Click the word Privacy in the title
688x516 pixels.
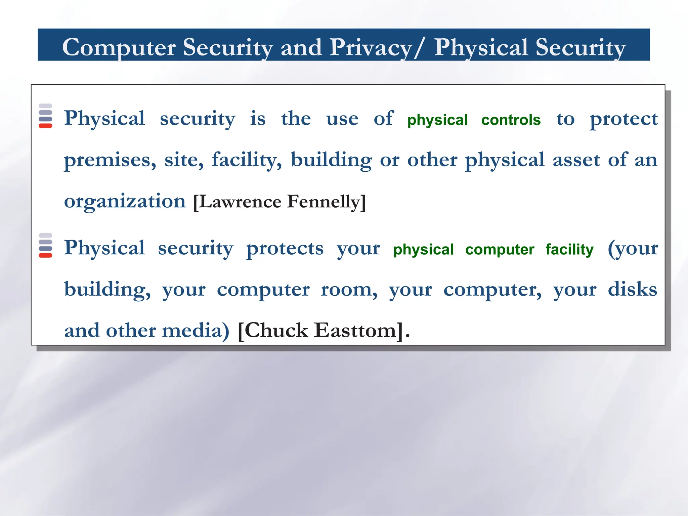click(371, 48)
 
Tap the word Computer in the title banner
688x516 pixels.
click(119, 48)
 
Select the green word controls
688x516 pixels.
click(511, 120)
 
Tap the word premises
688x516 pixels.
click(110, 160)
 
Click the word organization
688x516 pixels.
click(125, 202)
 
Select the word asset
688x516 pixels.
click(576, 160)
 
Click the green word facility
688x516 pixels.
click(569, 250)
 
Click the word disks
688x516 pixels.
click(632, 289)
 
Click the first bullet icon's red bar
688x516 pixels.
click(45, 126)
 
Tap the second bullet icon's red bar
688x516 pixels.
click(45, 255)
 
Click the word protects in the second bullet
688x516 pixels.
click(285, 249)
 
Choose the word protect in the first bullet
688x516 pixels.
click(623, 120)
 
